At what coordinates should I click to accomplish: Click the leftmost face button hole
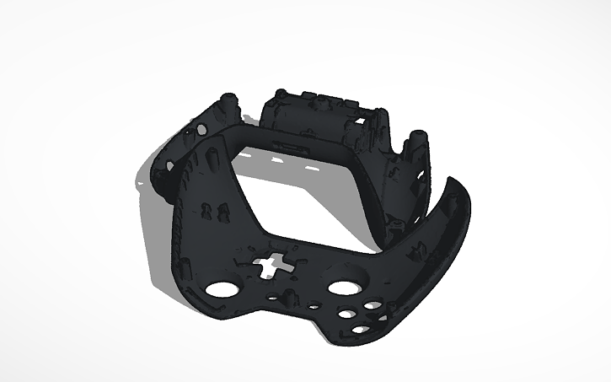coord(346,315)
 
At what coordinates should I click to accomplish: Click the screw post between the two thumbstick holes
coord(286,297)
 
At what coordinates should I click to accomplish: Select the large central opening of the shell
coord(308,202)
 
